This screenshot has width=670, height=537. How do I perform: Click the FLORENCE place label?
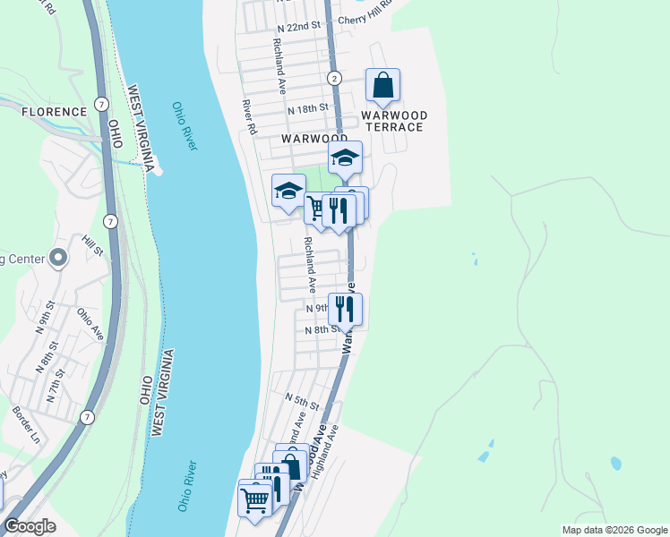pos(55,112)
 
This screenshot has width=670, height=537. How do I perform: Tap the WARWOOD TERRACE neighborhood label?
pos(392,122)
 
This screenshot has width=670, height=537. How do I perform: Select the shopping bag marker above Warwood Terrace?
pos(382,87)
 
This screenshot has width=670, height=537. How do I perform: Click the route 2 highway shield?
pos(333,78)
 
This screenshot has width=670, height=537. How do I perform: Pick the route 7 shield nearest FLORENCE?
pos(103,104)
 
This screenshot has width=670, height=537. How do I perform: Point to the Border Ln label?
pos(26,425)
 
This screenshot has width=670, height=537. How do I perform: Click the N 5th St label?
pos(303,396)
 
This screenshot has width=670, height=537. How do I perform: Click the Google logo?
pos(30,526)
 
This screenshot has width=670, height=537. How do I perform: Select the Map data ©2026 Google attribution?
pos(614,530)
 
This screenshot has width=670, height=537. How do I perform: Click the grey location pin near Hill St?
pos(59,259)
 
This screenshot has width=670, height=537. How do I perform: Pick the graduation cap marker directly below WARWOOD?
pos(345,158)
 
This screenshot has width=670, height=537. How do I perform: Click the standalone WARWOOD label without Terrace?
pos(314,140)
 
